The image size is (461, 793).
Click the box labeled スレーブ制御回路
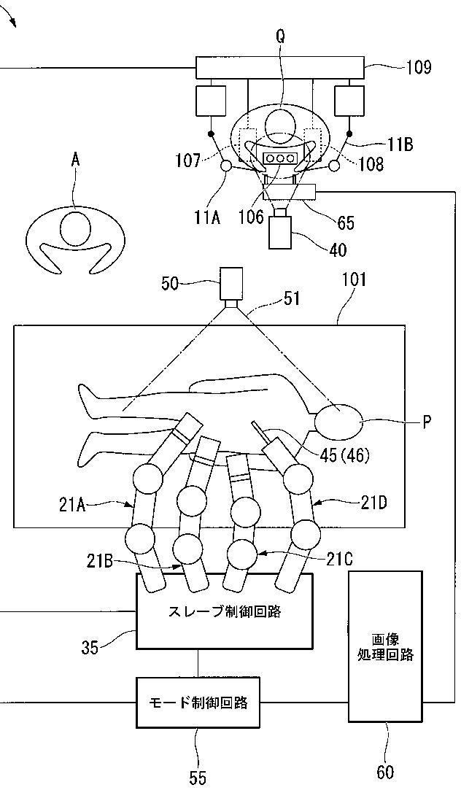(225, 611)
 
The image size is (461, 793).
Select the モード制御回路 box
(198, 703)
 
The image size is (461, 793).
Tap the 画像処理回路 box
(385, 646)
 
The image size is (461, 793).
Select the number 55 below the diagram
(198, 778)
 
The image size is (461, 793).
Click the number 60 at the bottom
(384, 772)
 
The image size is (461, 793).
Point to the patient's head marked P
(338, 421)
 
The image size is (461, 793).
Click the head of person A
(76, 228)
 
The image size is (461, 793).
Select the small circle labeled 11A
(225, 167)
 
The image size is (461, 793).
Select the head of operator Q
(280, 125)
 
